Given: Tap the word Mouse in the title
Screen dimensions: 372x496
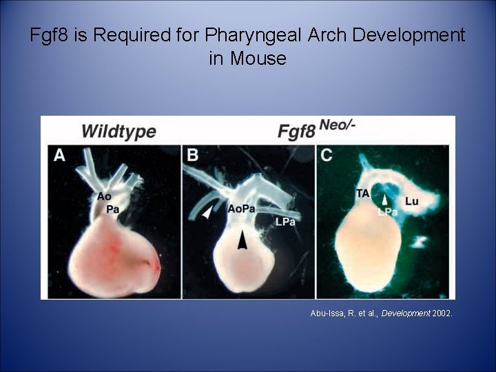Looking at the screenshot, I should pyautogui.click(x=258, y=58).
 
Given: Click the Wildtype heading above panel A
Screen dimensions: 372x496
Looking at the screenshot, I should pyautogui.click(x=118, y=131).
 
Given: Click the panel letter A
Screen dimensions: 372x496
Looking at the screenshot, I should pyautogui.click(x=60, y=156).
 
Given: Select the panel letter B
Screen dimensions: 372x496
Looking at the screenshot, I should pyautogui.click(x=193, y=156).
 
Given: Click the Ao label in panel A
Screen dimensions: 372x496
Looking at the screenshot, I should pyautogui.click(x=104, y=196).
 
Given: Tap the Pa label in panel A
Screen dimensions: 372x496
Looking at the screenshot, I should pyautogui.click(x=112, y=207).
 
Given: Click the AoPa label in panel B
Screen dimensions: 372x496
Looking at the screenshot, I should pyautogui.click(x=241, y=207).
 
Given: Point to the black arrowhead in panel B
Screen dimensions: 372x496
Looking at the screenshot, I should pyautogui.click(x=242, y=239).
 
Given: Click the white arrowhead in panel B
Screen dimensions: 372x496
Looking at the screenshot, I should pyautogui.click(x=207, y=214).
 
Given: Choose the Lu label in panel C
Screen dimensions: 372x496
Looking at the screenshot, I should pyautogui.click(x=412, y=201).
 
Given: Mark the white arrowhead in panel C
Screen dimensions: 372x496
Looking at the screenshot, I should pyautogui.click(x=384, y=199).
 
